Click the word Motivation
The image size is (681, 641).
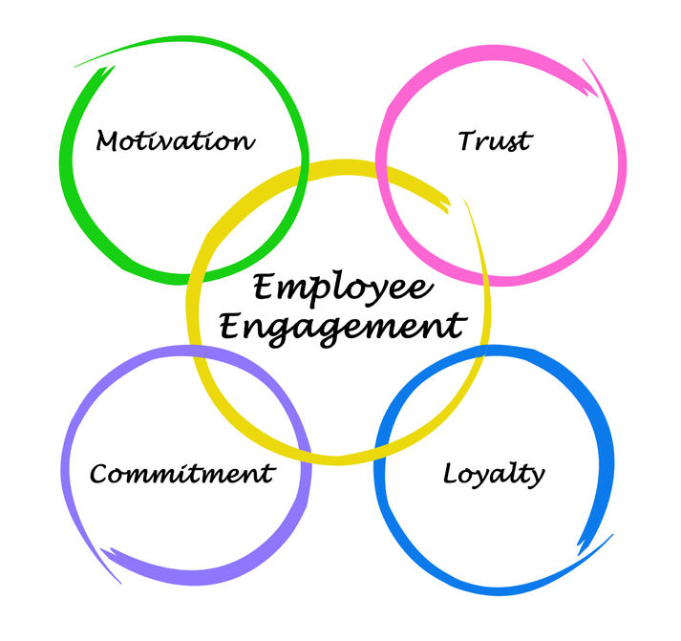click(x=175, y=140)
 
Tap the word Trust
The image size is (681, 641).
click(x=495, y=140)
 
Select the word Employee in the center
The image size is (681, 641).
click(x=343, y=288)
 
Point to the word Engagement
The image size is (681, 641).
click(x=343, y=329)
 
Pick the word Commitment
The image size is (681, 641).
click(x=182, y=474)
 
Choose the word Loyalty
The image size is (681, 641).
click(x=494, y=475)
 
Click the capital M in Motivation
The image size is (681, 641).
click(x=108, y=140)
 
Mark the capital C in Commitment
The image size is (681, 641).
click(x=99, y=474)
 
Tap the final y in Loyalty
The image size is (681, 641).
click(x=537, y=479)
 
